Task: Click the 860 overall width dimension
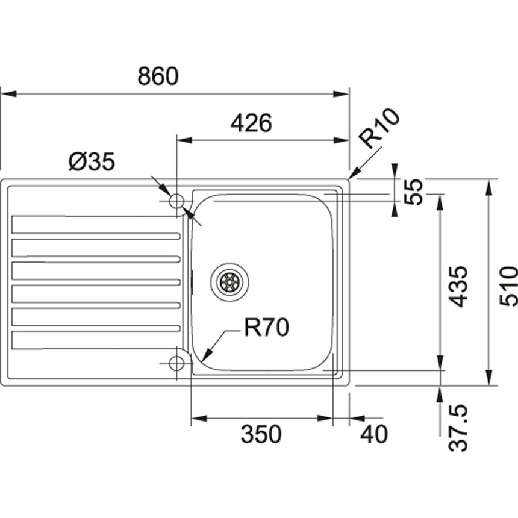(158, 76)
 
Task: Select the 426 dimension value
(251, 123)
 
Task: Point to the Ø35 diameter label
(92, 161)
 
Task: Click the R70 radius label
(267, 328)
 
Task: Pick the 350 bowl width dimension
(261, 434)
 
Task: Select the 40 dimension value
(374, 434)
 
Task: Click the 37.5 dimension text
(458, 428)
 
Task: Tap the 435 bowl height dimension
(459, 287)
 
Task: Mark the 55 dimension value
(413, 192)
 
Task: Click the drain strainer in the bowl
(230, 282)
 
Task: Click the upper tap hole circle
(176, 201)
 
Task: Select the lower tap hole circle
(176, 363)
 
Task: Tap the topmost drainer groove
(96, 225)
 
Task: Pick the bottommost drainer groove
(96, 340)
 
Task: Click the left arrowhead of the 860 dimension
(8, 94)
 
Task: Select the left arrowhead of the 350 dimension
(199, 419)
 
